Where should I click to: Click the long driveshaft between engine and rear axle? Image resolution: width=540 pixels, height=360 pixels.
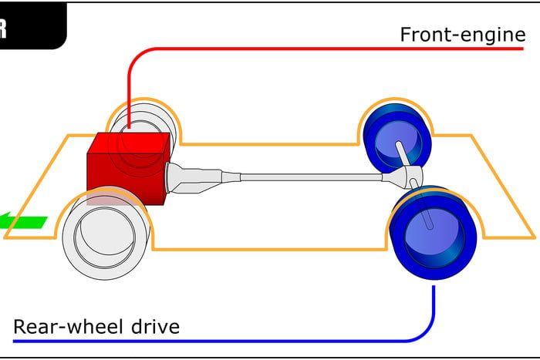[309, 177]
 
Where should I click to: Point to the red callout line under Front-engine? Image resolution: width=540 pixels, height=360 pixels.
[309, 48]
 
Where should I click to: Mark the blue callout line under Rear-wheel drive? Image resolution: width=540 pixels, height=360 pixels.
[231, 340]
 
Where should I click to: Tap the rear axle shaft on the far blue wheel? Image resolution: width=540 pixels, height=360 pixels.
[402, 153]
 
